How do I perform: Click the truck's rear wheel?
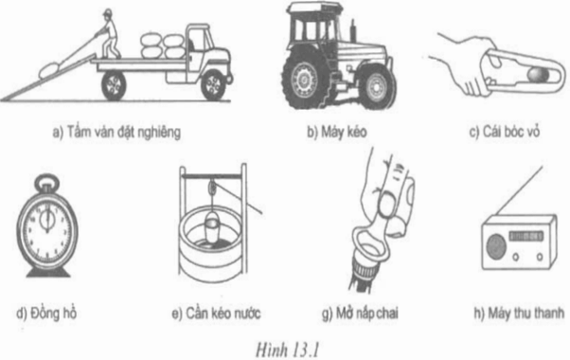(114, 85)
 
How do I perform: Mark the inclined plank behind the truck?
(43, 81)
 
